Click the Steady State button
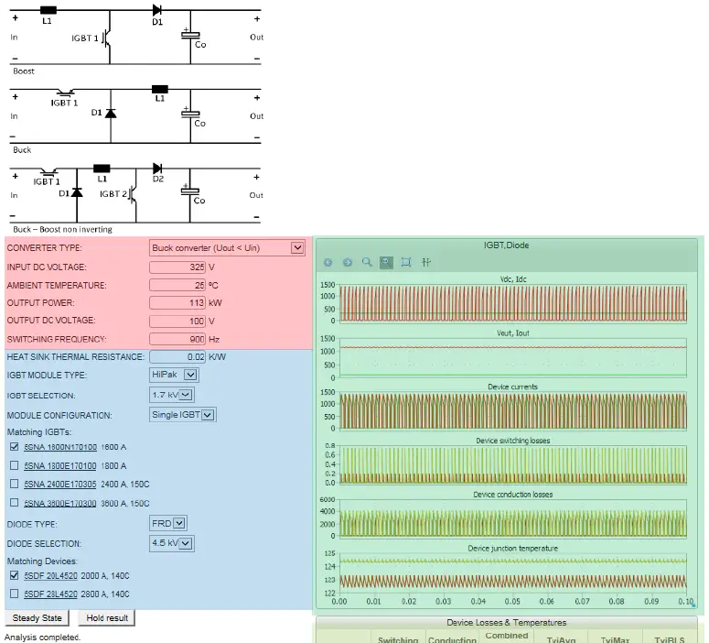click(38, 618)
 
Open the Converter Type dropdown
click(227, 247)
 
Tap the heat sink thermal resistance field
click(177, 356)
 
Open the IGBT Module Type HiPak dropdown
click(174, 375)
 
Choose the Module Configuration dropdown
click(182, 415)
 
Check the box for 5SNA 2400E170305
click(14, 484)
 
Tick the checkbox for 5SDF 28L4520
click(14, 594)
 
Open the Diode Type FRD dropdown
click(168, 524)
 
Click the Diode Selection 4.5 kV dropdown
click(172, 543)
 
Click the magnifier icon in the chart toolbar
click(367, 262)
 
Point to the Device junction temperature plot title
click(512, 548)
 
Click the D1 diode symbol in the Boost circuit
click(156, 13)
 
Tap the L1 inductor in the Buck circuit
click(160, 90)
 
